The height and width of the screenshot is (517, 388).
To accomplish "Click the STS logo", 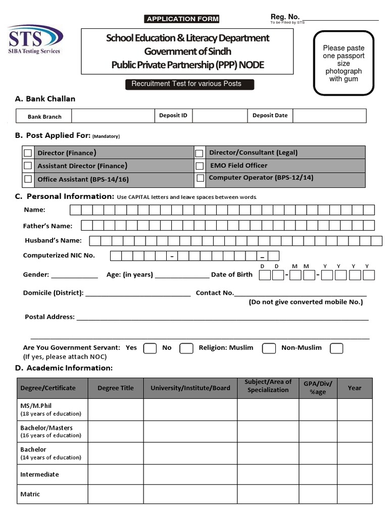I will (35, 39).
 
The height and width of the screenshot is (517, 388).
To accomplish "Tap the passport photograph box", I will (344, 63).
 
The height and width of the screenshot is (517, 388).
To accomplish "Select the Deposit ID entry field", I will (220, 116).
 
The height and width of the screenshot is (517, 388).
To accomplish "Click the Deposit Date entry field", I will (329, 116).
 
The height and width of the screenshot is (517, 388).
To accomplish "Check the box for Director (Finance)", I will (28, 153).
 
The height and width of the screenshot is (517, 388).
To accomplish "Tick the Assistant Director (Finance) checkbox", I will (28, 166).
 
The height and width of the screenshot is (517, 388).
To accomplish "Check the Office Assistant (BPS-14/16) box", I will (28, 179).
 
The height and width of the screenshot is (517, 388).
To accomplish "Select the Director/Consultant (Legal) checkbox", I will (200, 153).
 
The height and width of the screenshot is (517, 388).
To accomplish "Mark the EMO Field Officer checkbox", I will (200, 166).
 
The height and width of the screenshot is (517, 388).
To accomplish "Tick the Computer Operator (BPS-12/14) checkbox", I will (200, 178).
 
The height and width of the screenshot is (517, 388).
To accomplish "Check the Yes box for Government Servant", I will (150, 348).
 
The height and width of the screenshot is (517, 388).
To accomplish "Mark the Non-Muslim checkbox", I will (336, 348).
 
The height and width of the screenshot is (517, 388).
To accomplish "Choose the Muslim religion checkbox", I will (269, 348).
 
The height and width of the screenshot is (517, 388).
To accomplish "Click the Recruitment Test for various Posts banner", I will (189, 84).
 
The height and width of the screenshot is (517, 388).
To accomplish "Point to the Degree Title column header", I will (116, 388).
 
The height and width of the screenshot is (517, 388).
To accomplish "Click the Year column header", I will (355, 388).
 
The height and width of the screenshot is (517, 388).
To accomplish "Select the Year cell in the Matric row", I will (355, 494).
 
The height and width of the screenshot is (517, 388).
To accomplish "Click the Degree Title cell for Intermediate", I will (116, 475).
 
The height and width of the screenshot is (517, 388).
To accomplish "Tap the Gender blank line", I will (74, 275).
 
